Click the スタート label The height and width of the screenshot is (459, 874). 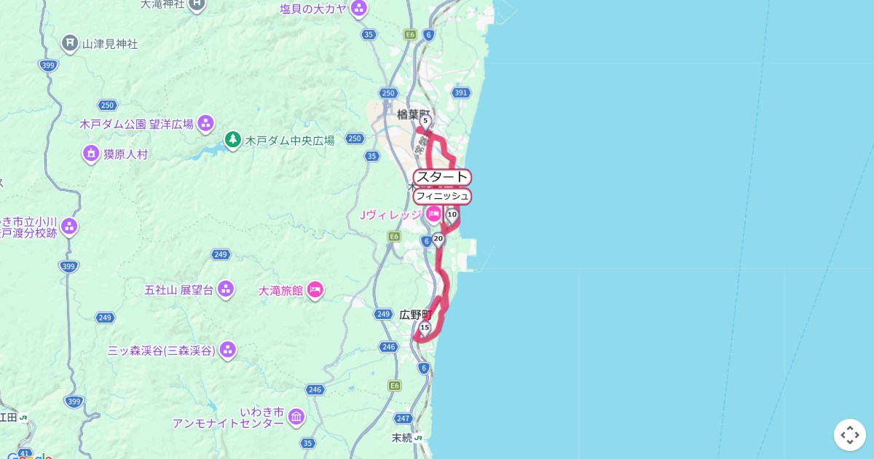click(x=442, y=177)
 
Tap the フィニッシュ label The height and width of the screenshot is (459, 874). click(x=442, y=196)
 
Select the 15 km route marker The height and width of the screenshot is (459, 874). click(x=425, y=329)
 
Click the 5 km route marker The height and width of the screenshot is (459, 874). click(x=425, y=121)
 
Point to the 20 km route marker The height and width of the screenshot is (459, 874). click(x=438, y=239)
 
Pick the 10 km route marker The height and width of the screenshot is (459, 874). click(x=452, y=215)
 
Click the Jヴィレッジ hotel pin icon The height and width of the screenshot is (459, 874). click(x=433, y=214)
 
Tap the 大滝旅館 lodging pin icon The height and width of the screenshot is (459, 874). click(x=315, y=290)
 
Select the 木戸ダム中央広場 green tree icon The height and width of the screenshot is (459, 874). click(x=232, y=139)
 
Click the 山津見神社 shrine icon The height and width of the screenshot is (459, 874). click(x=70, y=44)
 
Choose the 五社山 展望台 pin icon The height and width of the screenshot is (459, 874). click(x=226, y=289)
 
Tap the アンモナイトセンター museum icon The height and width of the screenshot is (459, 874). click(x=296, y=417)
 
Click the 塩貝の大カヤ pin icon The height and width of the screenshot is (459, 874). click(x=358, y=9)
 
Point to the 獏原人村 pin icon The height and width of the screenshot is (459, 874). click(x=91, y=154)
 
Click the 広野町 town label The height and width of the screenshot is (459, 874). click(x=415, y=315)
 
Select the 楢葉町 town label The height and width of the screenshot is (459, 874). click(x=413, y=114)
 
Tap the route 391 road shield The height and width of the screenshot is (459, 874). click(x=460, y=93)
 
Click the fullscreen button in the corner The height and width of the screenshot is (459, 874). click(x=849, y=435)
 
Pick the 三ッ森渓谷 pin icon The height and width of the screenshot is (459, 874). click(x=228, y=350)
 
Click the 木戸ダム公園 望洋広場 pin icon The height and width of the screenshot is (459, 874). click(x=206, y=123)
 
